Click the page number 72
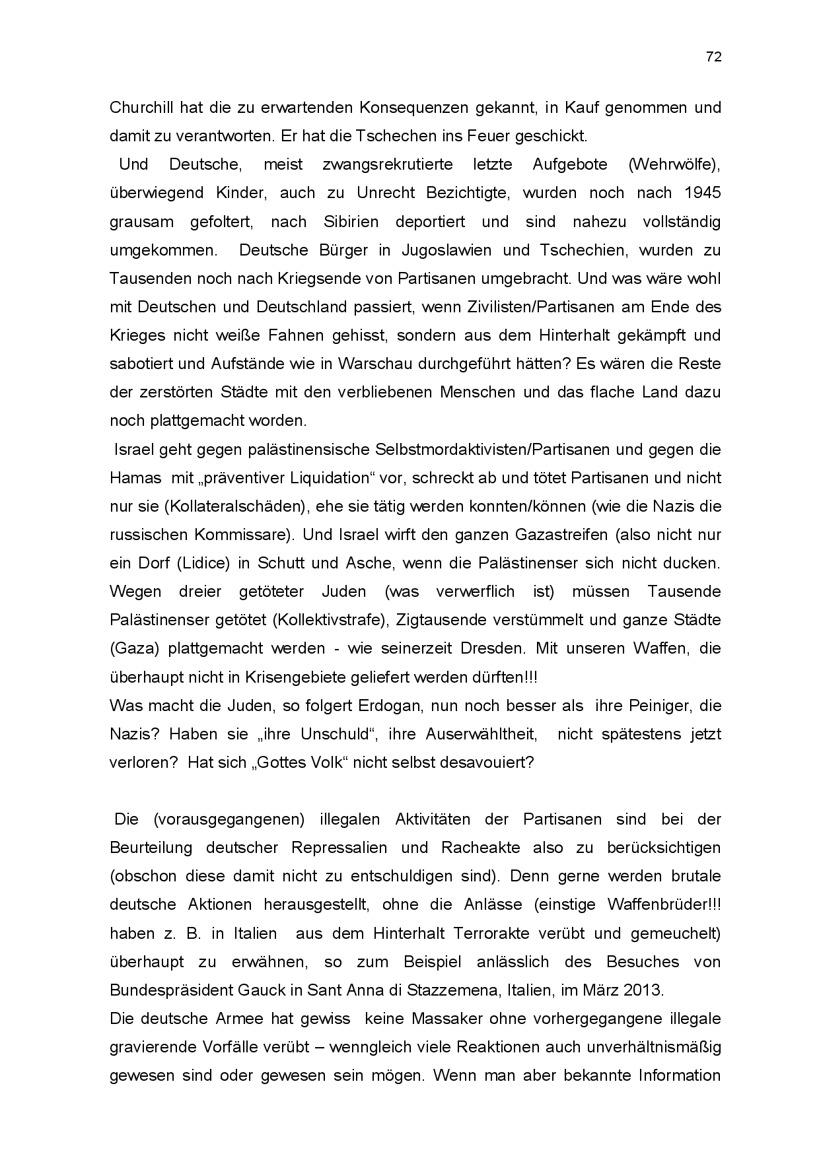pos(713,57)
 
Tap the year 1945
pos(703,193)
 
